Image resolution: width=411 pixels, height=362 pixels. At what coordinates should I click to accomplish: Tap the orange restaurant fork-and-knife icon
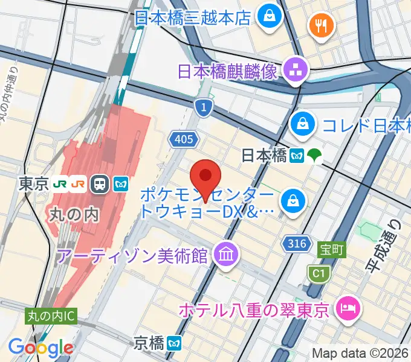[319, 25]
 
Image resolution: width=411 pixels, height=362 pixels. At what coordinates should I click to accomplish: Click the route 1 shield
[204, 107]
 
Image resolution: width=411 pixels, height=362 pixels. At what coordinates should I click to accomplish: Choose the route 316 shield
[294, 243]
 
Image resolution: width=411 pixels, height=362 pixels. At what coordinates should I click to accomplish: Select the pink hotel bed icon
[349, 310]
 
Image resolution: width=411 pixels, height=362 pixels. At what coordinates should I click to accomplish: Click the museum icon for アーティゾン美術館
[225, 256]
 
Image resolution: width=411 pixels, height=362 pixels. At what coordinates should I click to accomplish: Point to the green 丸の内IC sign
[51, 315]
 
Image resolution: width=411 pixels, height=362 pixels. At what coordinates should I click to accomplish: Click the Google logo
[40, 348]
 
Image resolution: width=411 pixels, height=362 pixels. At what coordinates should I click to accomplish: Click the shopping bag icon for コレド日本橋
[300, 125]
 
